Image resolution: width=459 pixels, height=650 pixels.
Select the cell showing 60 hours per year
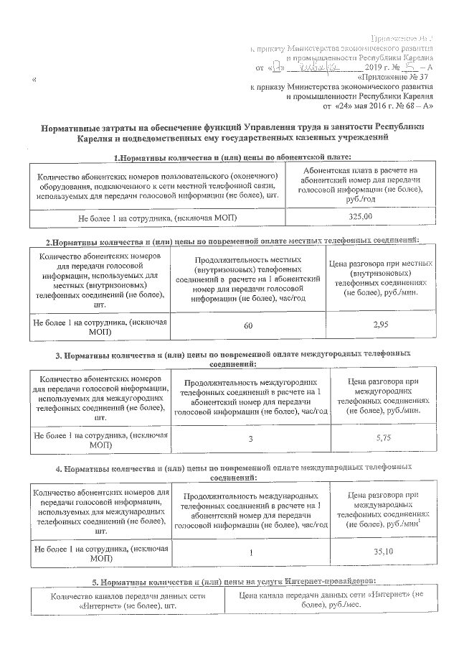point(248,327)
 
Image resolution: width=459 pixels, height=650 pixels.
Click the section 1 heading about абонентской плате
point(232,157)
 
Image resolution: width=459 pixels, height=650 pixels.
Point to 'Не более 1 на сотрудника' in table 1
point(158,216)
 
